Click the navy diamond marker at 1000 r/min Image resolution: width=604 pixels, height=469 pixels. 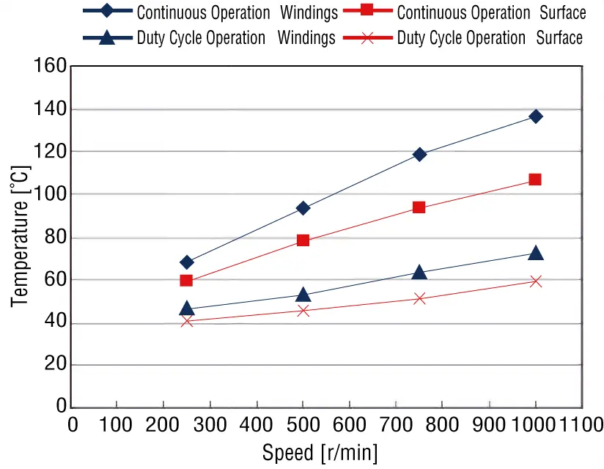coord(536,117)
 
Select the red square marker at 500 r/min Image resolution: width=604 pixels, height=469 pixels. coord(303,240)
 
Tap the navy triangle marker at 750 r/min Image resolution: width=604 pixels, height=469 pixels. coord(419,273)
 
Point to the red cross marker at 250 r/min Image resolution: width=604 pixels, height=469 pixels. coord(186,321)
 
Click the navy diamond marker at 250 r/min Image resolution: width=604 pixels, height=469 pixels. coord(187,262)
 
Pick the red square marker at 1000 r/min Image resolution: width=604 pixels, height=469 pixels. coord(535,180)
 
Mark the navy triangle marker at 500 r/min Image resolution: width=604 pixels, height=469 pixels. coord(303,295)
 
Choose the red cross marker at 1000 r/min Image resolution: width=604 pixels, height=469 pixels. coord(536,281)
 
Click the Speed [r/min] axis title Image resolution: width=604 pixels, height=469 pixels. coord(320,453)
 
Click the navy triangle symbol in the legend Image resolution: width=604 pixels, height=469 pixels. coord(108,37)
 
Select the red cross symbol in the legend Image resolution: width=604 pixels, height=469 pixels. coord(368,37)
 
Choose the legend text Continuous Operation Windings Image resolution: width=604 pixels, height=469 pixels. coord(237,12)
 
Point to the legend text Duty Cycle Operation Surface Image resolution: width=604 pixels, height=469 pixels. coord(490,38)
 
